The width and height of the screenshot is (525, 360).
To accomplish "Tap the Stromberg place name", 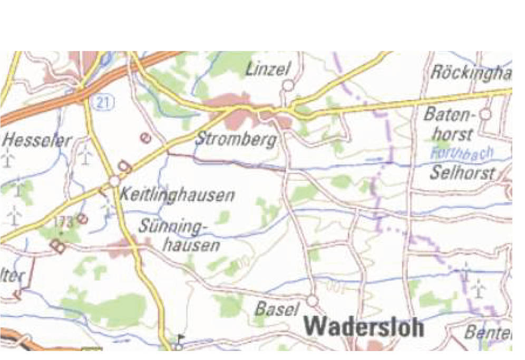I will click(x=236, y=140).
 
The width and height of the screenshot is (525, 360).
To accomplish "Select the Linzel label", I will click(x=268, y=69).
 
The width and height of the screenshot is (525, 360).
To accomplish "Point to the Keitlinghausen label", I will click(x=177, y=196).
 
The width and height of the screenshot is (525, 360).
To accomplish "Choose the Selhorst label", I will click(x=462, y=172).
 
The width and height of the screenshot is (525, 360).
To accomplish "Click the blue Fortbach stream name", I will click(x=462, y=154).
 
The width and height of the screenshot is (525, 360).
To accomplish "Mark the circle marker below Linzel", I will click(x=288, y=85).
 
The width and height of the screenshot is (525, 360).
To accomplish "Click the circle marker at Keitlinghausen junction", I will click(x=115, y=181).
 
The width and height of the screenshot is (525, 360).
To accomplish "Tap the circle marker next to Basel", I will click(x=313, y=300).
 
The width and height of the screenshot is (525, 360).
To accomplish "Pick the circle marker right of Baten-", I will click(x=485, y=113).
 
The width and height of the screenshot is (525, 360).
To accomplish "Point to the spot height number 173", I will click(x=63, y=223).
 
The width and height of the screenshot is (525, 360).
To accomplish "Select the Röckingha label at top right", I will click(x=471, y=73).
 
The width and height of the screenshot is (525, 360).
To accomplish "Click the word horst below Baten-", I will click(x=454, y=134).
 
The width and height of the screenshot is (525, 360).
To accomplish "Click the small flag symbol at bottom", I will click(x=181, y=338).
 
